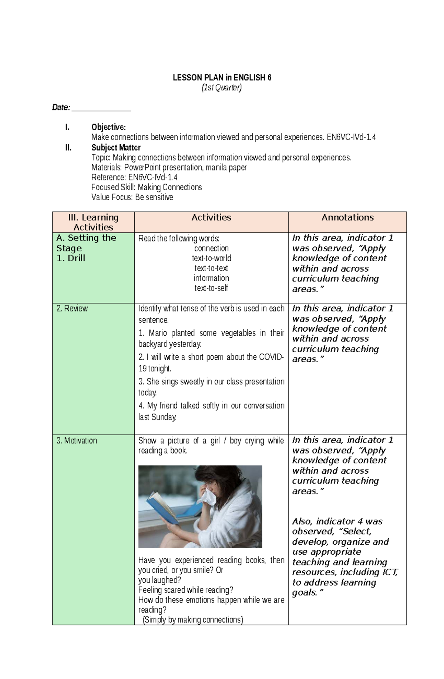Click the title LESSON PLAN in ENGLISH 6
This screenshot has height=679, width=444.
coord(222,78)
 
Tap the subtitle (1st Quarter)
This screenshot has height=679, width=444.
coord(221,88)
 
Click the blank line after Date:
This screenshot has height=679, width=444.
coord(101,108)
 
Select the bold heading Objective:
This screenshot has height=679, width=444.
coord(108,127)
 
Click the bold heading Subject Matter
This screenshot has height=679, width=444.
coord(116,147)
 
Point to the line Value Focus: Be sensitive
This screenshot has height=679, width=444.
coord(132,197)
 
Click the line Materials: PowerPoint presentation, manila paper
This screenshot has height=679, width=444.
coord(169,167)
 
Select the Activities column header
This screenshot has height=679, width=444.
coord(211,218)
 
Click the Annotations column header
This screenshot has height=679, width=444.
coord(347,218)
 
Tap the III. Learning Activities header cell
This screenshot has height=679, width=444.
coord(93,222)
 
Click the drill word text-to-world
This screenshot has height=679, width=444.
coord(211,258)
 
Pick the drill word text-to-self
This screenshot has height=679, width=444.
coord(211,288)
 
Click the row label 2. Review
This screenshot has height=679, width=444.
coord(72,309)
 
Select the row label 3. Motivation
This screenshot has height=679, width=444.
coord(77,441)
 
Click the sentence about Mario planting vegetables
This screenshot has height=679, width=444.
coord(211,338)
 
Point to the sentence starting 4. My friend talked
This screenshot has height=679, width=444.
coord(211,411)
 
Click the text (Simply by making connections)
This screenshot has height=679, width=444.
coord(192,620)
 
